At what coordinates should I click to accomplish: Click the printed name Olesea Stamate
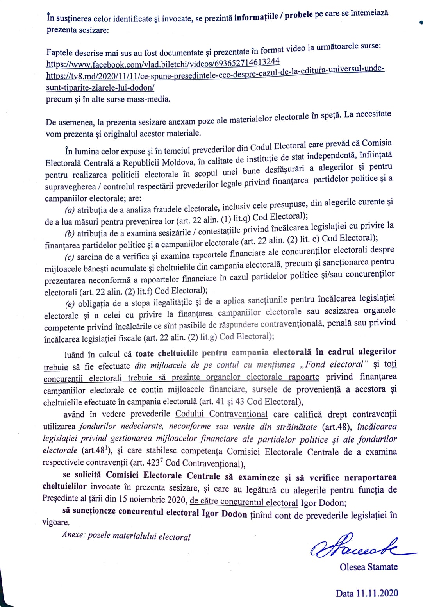coord(368,567)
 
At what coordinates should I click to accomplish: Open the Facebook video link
coord(163,63)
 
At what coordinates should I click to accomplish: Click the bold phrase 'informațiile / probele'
coord(273,16)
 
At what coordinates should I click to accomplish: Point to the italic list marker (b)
coord(70,234)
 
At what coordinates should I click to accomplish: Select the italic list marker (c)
coord(69,257)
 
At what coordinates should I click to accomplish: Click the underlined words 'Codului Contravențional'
coord(221,414)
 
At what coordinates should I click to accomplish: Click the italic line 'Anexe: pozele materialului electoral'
coord(126,536)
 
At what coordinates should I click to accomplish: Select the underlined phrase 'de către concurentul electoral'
coord(244,502)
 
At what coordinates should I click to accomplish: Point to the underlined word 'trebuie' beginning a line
coord(55,367)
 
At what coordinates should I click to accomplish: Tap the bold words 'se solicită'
coord(83,475)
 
